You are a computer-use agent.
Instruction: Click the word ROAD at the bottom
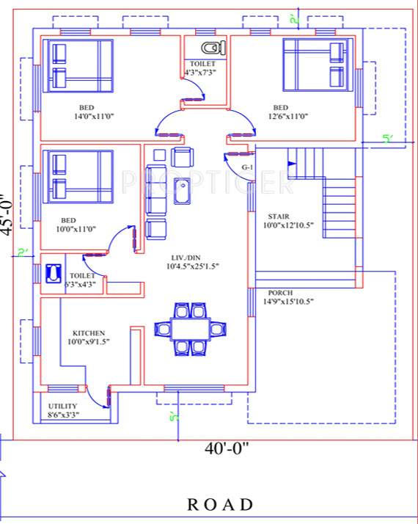[220, 505]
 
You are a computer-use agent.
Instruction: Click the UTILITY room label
[63, 406]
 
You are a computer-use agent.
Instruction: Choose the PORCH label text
[281, 292]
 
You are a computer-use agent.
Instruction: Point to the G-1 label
[246, 167]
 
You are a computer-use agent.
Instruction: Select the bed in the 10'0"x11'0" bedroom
[80, 176]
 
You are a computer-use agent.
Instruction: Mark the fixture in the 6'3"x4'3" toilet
[54, 273]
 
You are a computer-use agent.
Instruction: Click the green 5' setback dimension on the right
[387, 138]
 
